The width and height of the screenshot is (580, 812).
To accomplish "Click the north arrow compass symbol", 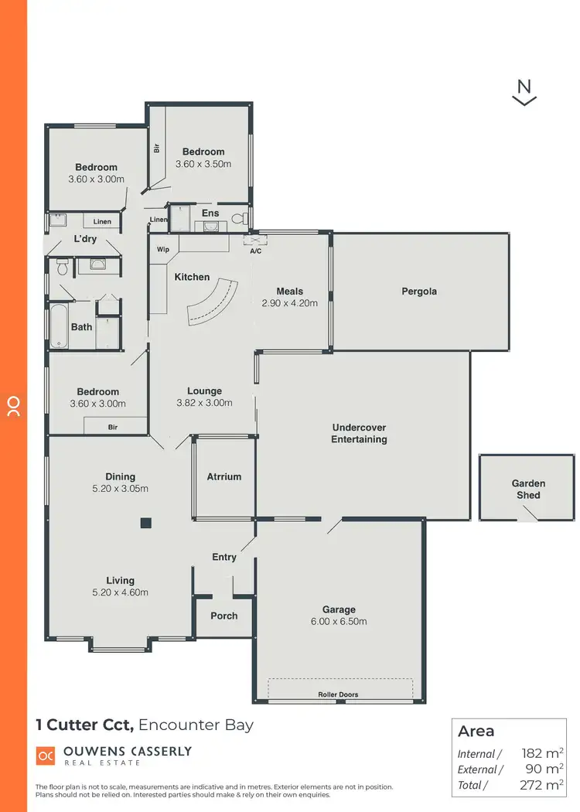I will [524, 91].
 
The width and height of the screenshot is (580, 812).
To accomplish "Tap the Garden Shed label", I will [528, 489].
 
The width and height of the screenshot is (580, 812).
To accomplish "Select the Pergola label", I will [419, 292].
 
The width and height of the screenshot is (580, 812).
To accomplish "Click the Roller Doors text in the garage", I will [338, 694].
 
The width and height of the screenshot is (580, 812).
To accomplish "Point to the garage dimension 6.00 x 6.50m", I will [339, 621].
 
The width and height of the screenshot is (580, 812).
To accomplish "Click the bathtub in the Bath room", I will [59, 326].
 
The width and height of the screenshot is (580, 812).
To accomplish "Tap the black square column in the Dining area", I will [145, 523].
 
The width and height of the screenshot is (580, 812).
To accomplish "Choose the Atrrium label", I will [224, 477].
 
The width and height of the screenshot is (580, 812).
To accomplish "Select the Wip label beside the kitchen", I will [163, 250].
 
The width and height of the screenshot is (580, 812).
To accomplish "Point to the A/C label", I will [255, 251].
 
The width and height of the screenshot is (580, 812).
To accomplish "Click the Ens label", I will [210, 213].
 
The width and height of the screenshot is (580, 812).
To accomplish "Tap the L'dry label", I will [85, 239].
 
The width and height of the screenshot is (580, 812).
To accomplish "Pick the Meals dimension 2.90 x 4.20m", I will [290, 303].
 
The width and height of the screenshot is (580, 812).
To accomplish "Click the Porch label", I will [224, 616].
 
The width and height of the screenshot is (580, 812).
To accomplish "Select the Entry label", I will [224, 557].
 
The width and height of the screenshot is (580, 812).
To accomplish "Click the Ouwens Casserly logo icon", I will [46, 755].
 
